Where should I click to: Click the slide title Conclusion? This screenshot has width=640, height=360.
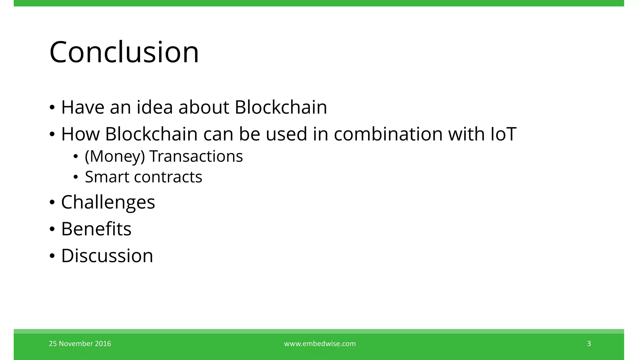124,52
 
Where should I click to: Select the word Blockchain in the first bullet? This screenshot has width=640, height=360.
281,107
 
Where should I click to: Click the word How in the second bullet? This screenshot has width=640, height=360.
80,134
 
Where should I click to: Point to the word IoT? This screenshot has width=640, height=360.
503,134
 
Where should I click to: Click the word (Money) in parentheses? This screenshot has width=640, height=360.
115,157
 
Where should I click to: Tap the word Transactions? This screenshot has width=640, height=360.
196,156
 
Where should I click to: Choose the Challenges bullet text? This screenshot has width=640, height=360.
108,202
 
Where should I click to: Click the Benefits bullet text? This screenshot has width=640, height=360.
96,229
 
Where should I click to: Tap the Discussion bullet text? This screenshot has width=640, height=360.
107,256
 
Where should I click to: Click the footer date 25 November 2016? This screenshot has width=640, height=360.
80,344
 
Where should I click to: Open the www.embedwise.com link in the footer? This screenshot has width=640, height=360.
320,344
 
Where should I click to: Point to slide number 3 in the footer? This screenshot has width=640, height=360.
589,344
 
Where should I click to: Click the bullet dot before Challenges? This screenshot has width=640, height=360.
52,202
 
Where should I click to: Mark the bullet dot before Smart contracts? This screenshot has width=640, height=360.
76,177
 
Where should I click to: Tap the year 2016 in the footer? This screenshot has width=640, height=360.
103,344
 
